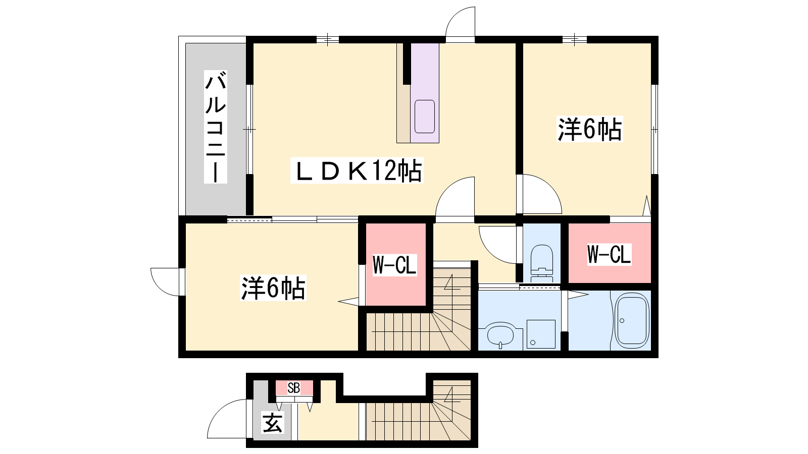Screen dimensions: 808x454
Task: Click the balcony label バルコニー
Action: pyautogui.click(x=215, y=127)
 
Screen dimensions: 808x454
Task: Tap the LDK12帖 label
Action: pyautogui.click(x=357, y=171)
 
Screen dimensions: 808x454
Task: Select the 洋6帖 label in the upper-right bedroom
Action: pyautogui.click(x=590, y=129)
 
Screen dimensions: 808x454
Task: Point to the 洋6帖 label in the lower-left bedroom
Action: pyautogui.click(x=273, y=288)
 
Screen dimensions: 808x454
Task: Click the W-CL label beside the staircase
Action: pyautogui.click(x=394, y=265)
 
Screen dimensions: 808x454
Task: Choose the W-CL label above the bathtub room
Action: pyautogui.click(x=609, y=254)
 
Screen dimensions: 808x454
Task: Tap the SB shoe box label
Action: pyautogui.click(x=294, y=388)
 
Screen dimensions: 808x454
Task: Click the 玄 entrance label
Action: pyautogui.click(x=272, y=423)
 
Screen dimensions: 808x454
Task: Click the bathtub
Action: pyautogui.click(x=632, y=320)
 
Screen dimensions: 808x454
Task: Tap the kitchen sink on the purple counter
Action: pyautogui.click(x=425, y=117)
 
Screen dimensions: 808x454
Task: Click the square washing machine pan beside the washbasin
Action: pyautogui.click(x=541, y=334)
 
